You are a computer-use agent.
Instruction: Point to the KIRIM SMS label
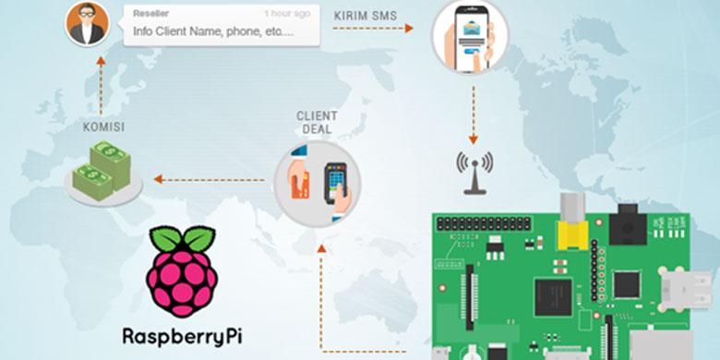(x=367, y=15)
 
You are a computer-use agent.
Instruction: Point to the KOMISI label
(x=103, y=126)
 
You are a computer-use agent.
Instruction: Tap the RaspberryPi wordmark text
(x=185, y=335)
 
